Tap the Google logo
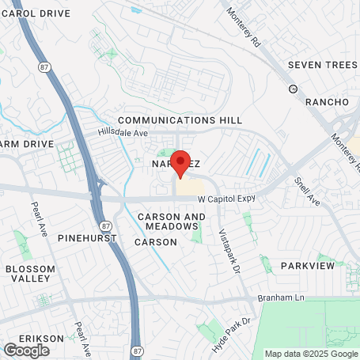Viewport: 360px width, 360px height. tap(26, 350)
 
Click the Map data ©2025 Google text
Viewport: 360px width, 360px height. tap(310, 354)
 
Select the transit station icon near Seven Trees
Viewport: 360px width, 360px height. tap(293, 88)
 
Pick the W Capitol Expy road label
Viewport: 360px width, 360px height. tap(227, 200)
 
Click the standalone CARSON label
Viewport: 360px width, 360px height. tap(156, 241)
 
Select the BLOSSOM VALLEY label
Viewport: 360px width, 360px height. tap(31, 274)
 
